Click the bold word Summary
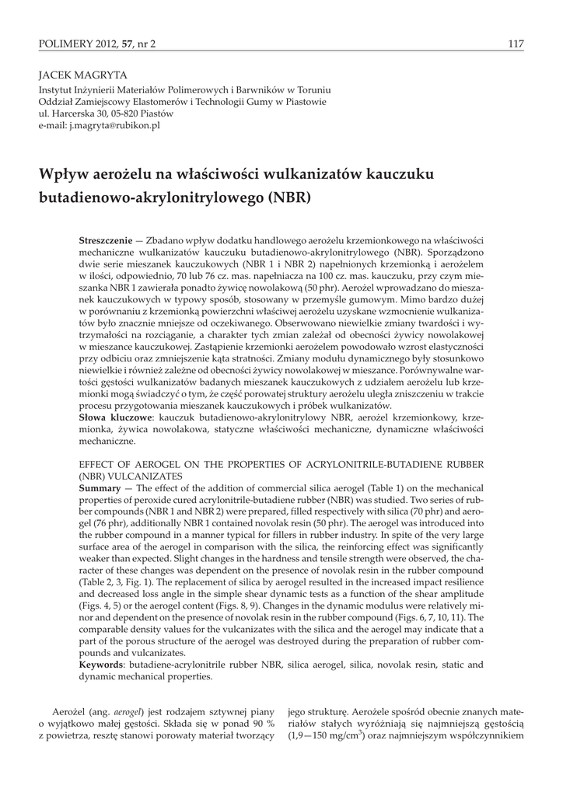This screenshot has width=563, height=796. (x=100, y=487)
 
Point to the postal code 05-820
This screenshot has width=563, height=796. (x=134, y=113)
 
